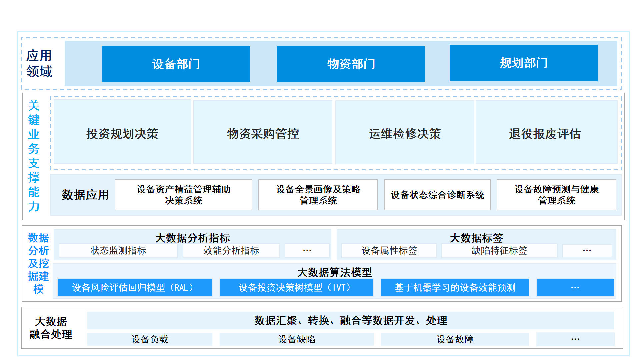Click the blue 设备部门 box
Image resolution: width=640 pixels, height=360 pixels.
click(176, 64)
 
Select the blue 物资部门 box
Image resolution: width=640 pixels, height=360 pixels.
click(351, 64)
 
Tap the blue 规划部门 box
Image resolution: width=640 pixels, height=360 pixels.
click(523, 63)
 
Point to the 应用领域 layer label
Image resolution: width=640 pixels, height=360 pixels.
click(39, 63)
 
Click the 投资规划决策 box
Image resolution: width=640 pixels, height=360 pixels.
click(122, 132)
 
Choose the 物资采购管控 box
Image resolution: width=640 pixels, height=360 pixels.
click(263, 132)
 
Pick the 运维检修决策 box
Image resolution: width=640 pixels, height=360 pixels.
click(405, 132)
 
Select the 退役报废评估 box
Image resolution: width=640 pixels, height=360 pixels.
click(546, 132)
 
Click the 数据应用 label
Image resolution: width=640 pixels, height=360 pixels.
click(85, 195)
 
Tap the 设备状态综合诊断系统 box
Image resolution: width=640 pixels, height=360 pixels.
click(437, 195)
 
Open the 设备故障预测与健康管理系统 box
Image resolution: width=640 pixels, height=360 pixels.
click(556, 195)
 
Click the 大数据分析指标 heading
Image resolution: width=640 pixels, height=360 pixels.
click(192, 238)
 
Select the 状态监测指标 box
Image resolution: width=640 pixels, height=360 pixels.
click(118, 251)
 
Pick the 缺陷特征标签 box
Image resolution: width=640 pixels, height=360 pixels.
click(499, 251)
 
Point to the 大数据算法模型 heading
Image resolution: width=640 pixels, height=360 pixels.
click(334, 272)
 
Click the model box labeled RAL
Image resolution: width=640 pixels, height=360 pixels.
click(135, 287)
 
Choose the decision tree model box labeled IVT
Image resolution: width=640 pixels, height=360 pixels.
click(296, 287)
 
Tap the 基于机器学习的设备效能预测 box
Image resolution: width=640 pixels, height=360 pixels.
click(455, 287)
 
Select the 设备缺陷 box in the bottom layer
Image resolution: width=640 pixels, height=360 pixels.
click(296, 339)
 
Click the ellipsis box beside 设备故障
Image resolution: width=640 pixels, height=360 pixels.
click(575, 339)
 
